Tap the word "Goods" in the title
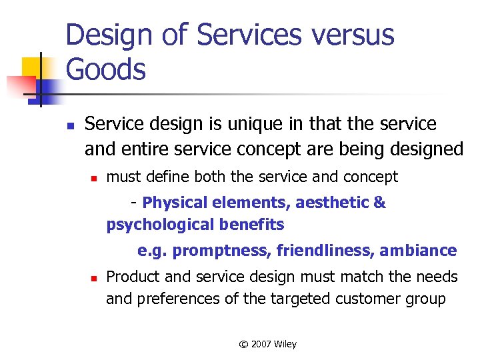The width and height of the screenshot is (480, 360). [106, 69]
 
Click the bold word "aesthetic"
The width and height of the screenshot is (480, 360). [333, 203]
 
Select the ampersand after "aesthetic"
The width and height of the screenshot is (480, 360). [380, 203]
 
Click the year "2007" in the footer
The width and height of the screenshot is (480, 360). [262, 344]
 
